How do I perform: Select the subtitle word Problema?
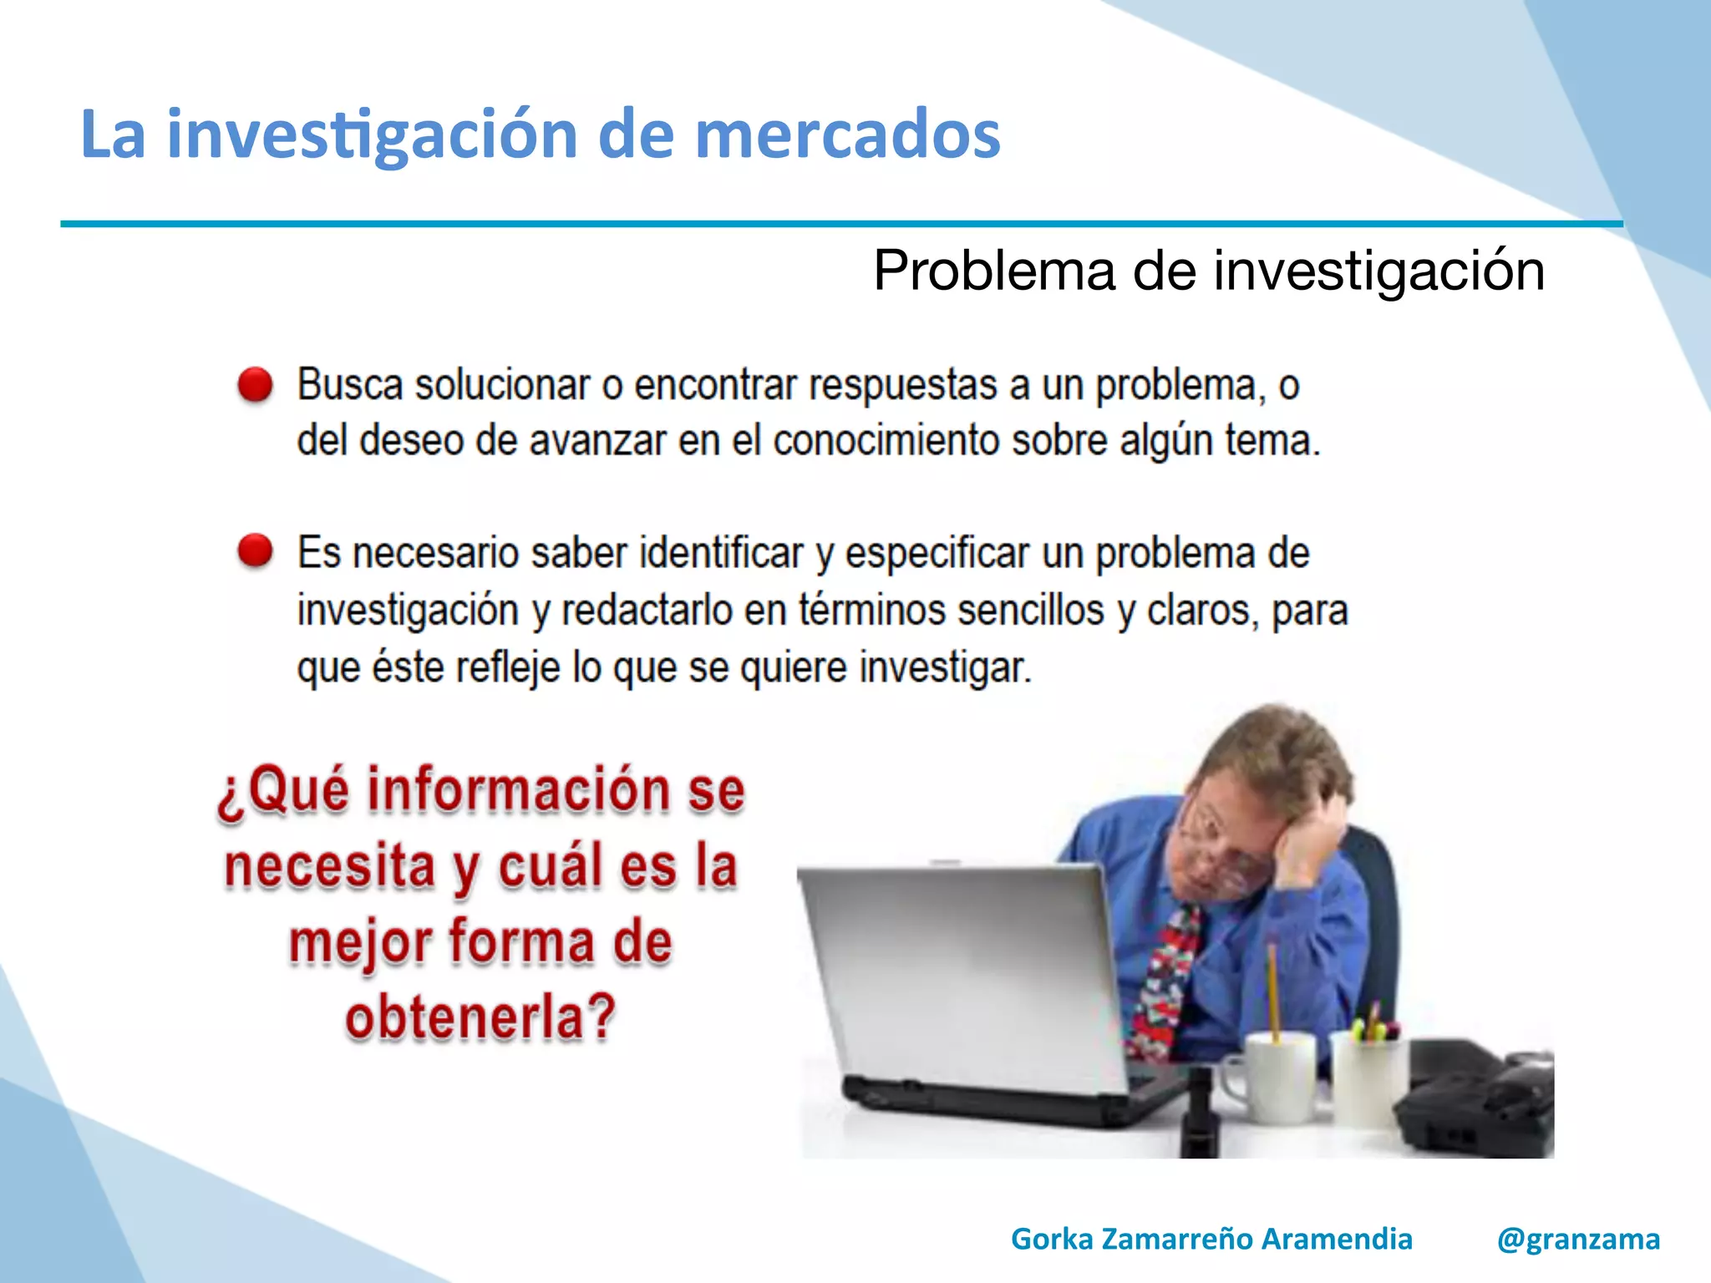click(994, 271)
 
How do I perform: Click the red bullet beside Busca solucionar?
click(255, 385)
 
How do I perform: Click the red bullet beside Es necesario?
click(255, 551)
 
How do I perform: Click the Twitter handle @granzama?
click(1578, 1239)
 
